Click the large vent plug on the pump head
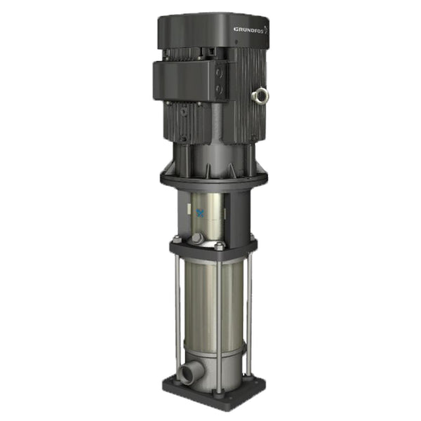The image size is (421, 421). [197, 240]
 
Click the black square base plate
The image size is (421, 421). [210, 396]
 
